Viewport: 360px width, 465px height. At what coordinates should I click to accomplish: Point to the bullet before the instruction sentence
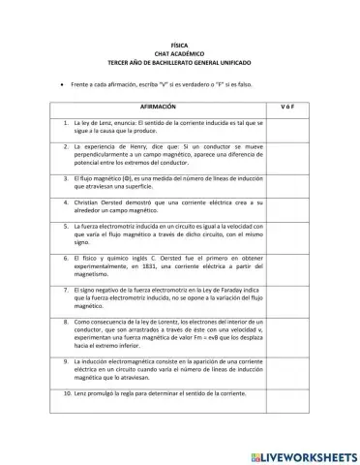(x=63, y=85)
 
